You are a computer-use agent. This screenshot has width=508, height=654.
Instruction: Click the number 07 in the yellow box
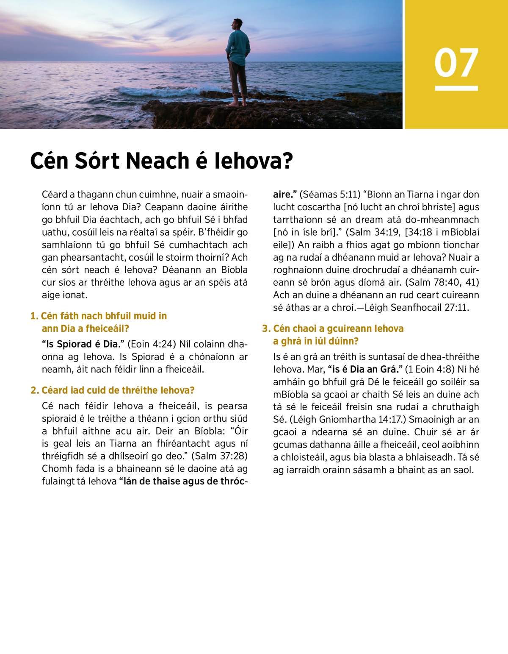click(x=456, y=63)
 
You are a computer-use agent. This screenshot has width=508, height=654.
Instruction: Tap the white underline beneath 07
click(x=456, y=88)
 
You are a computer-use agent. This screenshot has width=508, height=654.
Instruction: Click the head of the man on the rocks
click(x=238, y=25)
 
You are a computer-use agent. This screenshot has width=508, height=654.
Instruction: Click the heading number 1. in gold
click(x=34, y=316)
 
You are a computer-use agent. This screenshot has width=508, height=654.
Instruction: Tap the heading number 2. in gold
click(x=35, y=390)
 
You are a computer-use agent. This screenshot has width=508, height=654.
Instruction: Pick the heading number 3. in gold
click(x=266, y=329)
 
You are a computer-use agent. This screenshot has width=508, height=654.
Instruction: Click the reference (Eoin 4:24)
click(x=151, y=344)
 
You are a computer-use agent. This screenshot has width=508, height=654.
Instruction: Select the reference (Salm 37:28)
click(x=219, y=456)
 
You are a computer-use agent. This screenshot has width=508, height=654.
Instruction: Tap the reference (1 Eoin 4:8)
click(x=430, y=370)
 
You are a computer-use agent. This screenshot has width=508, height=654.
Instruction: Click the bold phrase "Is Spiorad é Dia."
click(x=83, y=344)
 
